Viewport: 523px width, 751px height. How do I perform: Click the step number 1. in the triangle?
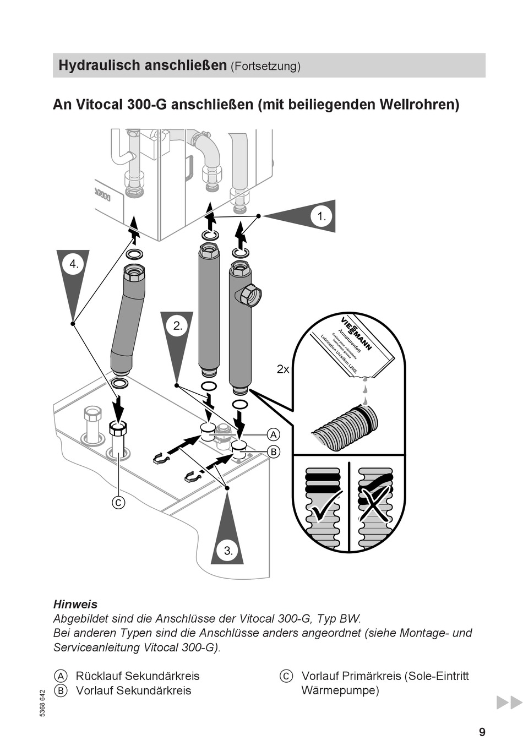click(322, 217)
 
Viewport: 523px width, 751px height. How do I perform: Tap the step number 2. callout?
click(177, 325)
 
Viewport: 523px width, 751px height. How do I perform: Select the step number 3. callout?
click(228, 550)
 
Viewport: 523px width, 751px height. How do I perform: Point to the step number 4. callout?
click(74, 264)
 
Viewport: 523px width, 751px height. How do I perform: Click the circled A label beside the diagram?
click(274, 434)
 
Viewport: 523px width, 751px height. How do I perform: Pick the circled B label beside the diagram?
click(274, 451)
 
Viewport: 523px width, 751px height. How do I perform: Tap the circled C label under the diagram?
click(118, 502)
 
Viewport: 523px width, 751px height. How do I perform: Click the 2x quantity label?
click(283, 369)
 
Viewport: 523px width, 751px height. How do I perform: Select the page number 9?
click(482, 732)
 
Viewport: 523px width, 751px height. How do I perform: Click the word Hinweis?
click(75, 604)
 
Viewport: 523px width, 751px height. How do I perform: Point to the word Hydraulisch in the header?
click(97, 66)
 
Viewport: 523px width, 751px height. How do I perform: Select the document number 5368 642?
click(43, 703)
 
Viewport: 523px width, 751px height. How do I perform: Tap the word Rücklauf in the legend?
click(99, 676)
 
